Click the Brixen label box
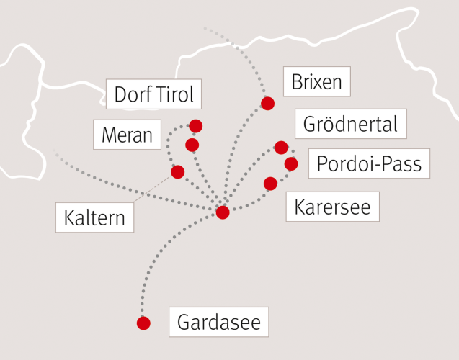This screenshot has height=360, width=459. click(x=316, y=82)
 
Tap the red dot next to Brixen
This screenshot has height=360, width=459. click(x=267, y=104)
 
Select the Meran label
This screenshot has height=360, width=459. click(x=128, y=135)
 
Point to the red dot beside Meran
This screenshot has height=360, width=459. click(x=192, y=145)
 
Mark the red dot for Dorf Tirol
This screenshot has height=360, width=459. click(x=195, y=126)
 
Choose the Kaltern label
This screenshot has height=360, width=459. click(x=94, y=217)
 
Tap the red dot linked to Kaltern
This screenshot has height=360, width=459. click(x=178, y=171)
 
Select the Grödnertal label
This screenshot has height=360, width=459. click(x=350, y=124)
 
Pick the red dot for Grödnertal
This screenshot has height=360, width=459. click(x=281, y=148)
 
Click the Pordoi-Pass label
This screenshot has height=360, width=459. click(x=369, y=163)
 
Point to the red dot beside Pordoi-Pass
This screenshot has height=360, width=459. click(x=291, y=164)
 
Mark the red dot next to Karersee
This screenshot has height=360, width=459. click(x=270, y=184)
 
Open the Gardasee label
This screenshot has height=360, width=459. click(x=218, y=321)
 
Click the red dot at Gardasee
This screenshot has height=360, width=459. click(x=143, y=323)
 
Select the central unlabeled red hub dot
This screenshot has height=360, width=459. click(x=223, y=212)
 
